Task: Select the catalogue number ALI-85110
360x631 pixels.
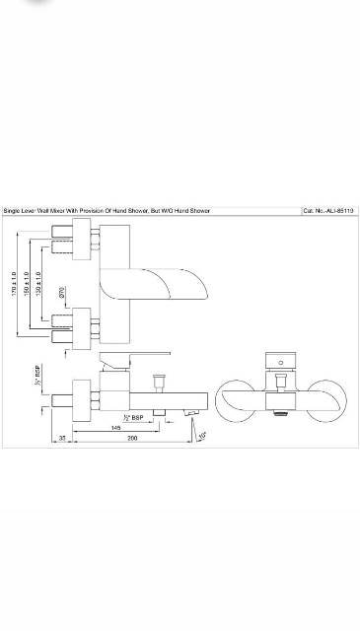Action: point(335,211)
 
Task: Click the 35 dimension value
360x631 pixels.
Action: point(63,438)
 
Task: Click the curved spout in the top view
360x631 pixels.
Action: point(187,286)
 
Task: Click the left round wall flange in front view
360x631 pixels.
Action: point(237,394)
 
